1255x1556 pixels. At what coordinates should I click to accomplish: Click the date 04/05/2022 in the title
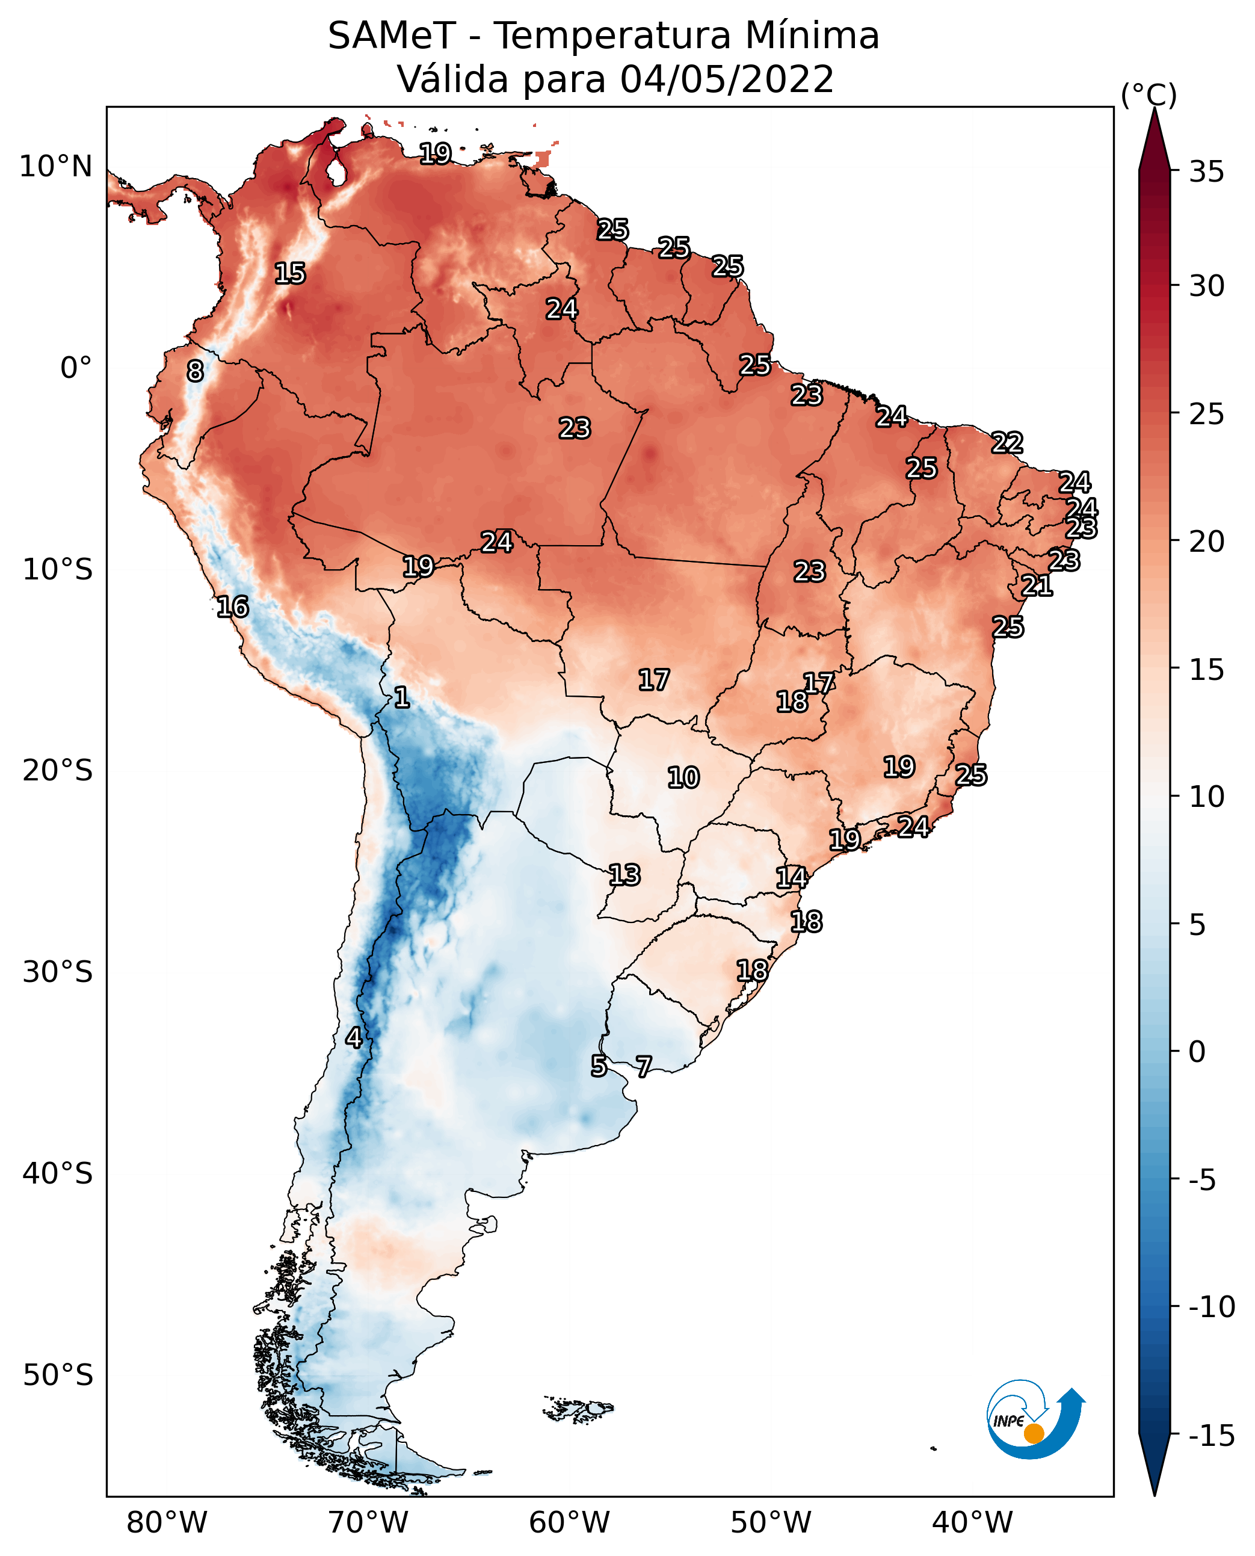(x=727, y=79)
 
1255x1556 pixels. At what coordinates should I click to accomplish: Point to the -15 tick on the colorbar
(x=1211, y=1436)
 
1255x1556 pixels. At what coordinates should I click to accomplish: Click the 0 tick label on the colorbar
(x=1197, y=1051)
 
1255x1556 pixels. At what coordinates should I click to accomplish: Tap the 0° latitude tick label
(x=76, y=368)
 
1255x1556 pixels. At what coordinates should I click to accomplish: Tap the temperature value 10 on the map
(x=683, y=778)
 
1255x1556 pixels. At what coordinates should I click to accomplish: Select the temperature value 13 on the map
(x=624, y=875)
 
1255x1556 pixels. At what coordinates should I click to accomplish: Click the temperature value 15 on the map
(x=291, y=273)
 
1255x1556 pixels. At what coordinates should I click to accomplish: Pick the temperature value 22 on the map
(x=1007, y=442)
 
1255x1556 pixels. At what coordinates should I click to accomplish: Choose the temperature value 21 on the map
(x=1037, y=585)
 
